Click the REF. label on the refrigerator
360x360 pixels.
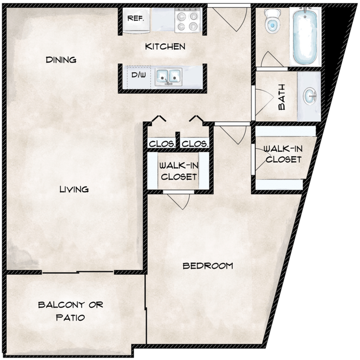[x=136, y=18]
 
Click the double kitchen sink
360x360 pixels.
[x=168, y=76]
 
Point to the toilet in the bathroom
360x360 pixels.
[x=272, y=22]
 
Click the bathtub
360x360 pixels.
[x=306, y=35]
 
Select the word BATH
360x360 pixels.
[x=281, y=100]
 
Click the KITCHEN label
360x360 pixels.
[x=165, y=47]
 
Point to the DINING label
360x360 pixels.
[x=61, y=60]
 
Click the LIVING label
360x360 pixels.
[x=74, y=189]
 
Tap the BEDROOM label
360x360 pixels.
[x=208, y=266]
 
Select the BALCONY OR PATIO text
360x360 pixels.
[x=70, y=311]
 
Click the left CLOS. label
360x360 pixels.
[x=162, y=144]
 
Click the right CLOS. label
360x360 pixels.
[x=195, y=144]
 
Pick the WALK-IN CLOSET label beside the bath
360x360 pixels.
[x=282, y=154]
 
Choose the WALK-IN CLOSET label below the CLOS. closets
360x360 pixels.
[x=178, y=171]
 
